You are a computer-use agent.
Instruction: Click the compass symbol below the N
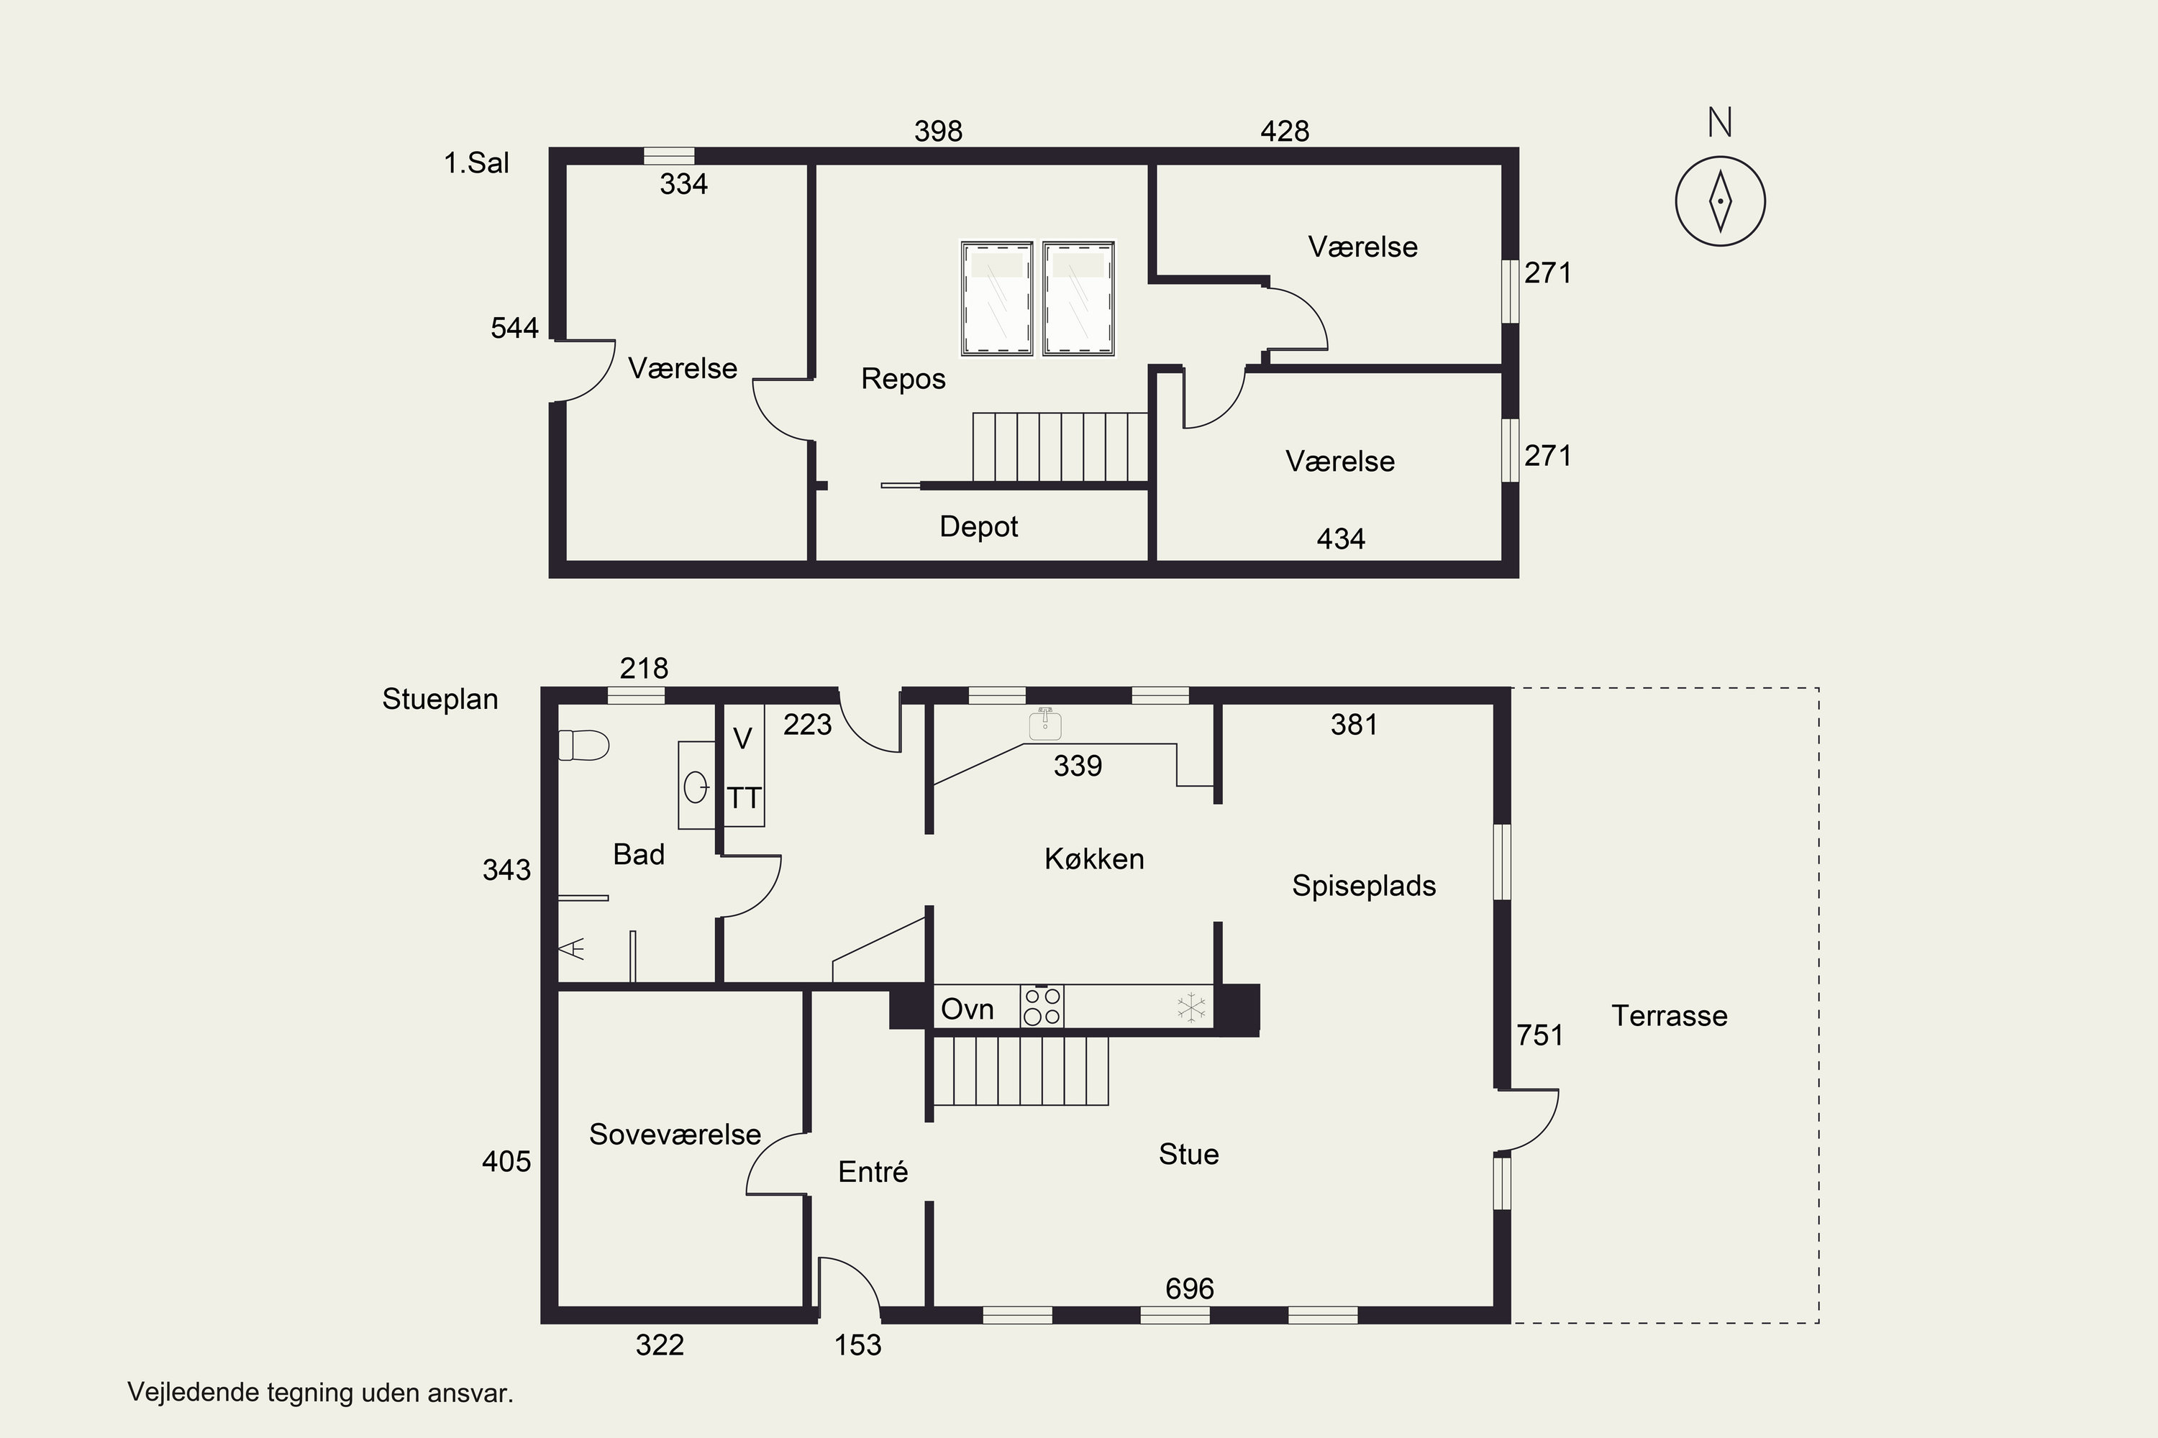point(1721,201)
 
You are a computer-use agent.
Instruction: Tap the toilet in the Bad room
point(583,745)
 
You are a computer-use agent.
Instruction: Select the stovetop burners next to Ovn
point(1042,1006)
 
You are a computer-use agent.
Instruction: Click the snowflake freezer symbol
point(1191,1007)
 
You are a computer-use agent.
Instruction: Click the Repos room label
point(903,379)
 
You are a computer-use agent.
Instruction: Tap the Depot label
point(979,526)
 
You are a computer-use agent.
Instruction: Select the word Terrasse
point(1670,1015)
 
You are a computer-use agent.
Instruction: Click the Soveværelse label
point(675,1135)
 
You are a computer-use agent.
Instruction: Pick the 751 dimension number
point(1539,1035)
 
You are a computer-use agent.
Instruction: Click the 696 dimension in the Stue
point(1189,1288)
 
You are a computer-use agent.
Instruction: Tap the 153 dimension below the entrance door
point(858,1345)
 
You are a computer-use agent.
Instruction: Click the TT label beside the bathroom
point(744,798)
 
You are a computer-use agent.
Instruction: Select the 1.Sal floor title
point(476,162)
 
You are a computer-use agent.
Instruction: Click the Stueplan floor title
point(440,699)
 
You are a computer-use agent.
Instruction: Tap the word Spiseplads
point(1365,885)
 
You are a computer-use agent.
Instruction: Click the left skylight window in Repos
point(997,298)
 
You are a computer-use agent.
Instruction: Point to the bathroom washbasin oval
point(696,787)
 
